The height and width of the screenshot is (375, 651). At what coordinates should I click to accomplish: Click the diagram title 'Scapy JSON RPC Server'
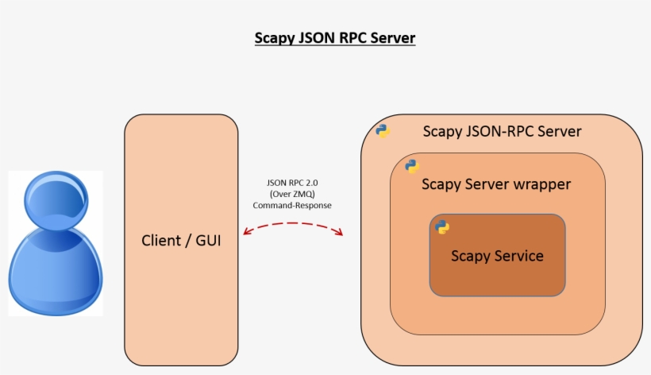click(334, 38)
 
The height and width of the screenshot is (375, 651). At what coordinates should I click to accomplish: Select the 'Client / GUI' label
click(181, 240)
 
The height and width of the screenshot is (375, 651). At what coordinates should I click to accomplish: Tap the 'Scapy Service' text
click(497, 256)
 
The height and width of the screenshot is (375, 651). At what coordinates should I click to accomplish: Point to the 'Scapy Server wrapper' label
click(496, 184)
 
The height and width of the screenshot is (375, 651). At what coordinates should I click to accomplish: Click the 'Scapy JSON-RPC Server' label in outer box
click(502, 131)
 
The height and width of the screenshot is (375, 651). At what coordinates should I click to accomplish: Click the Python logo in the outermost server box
click(383, 131)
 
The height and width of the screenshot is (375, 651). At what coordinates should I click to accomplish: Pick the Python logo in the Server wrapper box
click(411, 166)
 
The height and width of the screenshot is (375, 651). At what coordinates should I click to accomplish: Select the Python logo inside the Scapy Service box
click(442, 228)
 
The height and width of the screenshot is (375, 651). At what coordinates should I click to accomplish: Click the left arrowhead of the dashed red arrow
click(246, 233)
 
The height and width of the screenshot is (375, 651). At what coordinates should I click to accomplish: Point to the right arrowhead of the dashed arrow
click(340, 233)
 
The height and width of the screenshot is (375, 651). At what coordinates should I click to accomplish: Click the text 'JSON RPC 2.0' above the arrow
click(292, 183)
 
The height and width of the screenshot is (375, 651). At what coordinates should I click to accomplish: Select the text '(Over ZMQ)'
click(292, 194)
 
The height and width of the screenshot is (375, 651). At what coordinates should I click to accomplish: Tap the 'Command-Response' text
click(292, 205)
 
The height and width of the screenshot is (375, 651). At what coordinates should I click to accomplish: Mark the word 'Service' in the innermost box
click(518, 256)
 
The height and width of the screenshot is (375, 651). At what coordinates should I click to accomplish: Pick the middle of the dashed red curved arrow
click(293, 223)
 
